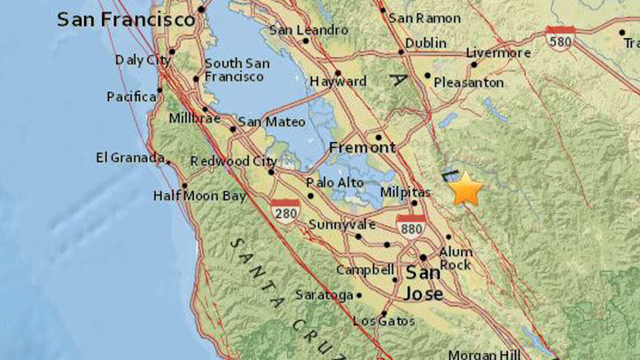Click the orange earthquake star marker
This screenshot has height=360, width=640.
point(466,190)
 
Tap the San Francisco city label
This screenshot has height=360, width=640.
point(126,19)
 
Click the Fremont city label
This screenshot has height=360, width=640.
point(349,147)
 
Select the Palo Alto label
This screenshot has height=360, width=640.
point(334,183)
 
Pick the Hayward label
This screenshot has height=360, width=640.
point(338,82)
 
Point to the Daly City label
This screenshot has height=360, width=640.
point(140,59)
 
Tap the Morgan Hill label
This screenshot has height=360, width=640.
point(484,355)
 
